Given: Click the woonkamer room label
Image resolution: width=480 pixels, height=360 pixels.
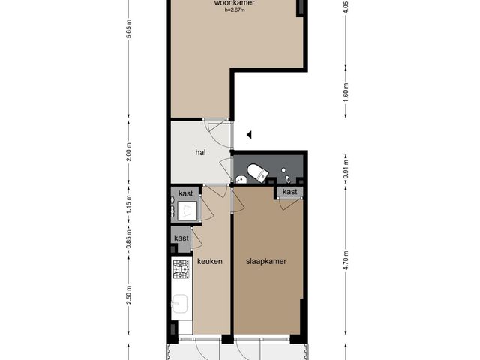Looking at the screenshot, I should pos(234,4).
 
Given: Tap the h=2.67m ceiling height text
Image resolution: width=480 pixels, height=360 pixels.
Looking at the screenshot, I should pos(234,10).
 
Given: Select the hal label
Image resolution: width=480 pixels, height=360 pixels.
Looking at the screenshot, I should pos(200,152).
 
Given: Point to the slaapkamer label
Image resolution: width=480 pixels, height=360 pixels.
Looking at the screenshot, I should pos(267,261).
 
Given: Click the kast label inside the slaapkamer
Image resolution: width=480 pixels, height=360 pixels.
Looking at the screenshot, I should pos(289,192).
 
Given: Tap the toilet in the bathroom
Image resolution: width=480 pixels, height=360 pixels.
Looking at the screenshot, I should pos(255,172).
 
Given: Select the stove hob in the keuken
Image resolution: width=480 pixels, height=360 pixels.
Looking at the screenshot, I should pos(181,268).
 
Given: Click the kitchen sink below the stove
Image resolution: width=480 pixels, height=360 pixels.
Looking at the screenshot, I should pos(181,304).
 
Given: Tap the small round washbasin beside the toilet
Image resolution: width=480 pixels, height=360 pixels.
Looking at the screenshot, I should pos(241,180).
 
